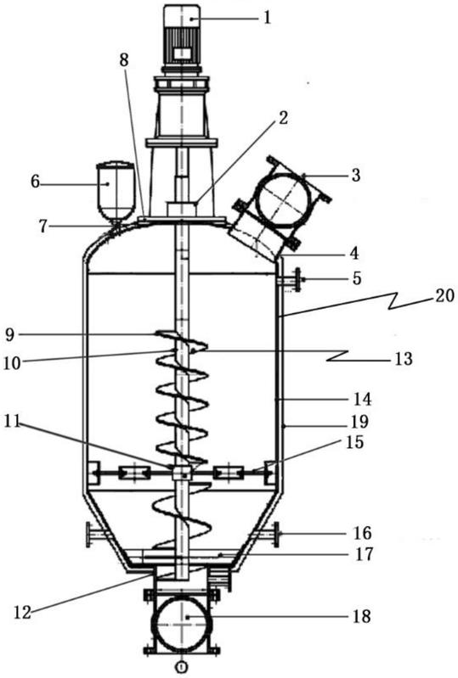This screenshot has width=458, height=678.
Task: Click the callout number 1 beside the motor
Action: [268, 18]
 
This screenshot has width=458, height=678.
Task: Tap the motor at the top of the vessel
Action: [182, 38]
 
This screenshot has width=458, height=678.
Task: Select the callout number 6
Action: [35, 182]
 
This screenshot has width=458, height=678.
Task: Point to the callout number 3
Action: [355, 176]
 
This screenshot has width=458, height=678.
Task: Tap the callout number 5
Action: [356, 278]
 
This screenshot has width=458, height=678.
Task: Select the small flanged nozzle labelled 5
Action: [290, 280]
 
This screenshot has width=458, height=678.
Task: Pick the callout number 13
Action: [404, 358]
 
